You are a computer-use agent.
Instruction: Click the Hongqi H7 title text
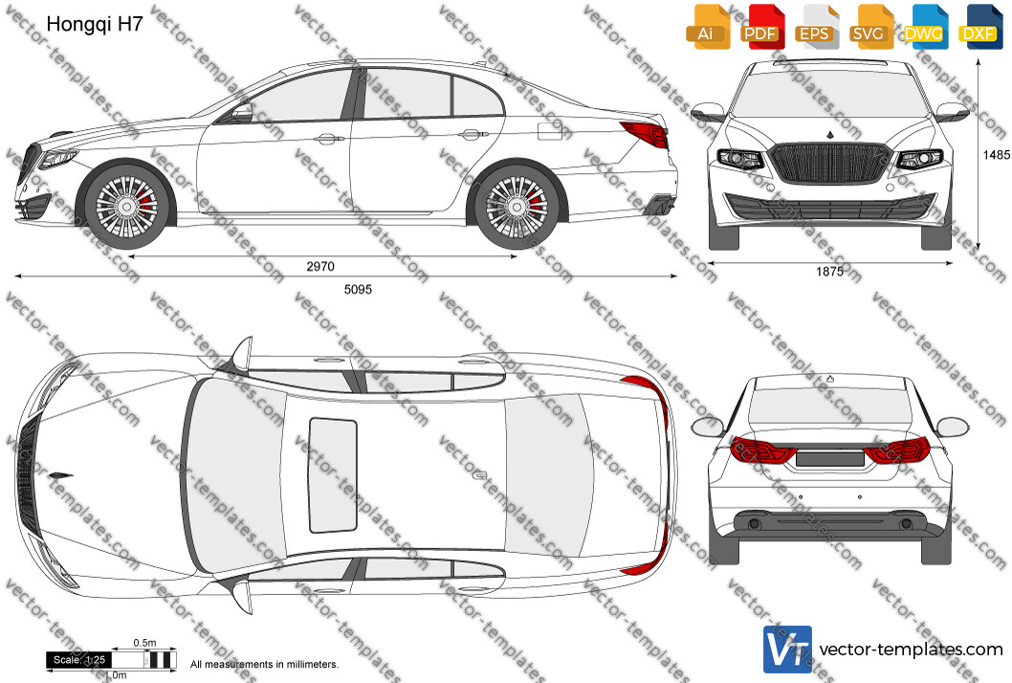pyautogui.click(x=95, y=25)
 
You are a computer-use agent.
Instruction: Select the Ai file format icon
pyautogui.click(x=708, y=27)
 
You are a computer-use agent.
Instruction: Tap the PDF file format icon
pyautogui.click(x=762, y=27)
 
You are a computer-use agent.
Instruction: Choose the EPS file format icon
pyautogui.click(x=817, y=27)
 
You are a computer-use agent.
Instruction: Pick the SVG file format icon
pyautogui.click(x=870, y=27)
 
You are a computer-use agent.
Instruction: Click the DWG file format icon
pyautogui.click(x=926, y=27)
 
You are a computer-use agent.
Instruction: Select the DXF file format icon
pyautogui.click(x=980, y=27)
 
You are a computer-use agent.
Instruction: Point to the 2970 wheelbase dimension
pyautogui.click(x=320, y=266)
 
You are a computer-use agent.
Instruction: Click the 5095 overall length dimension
pyautogui.click(x=358, y=289)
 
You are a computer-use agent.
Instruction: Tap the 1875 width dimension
pyautogui.click(x=829, y=272)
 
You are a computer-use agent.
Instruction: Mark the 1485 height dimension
pyautogui.click(x=997, y=155)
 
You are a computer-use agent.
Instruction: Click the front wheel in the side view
pyautogui.click(x=126, y=207)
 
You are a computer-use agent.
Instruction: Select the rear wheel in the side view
pyautogui.click(x=517, y=207)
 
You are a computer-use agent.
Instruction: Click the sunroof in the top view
pyautogui.click(x=333, y=475)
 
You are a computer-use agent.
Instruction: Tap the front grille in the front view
pyautogui.click(x=830, y=163)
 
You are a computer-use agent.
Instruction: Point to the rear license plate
pyautogui.click(x=830, y=459)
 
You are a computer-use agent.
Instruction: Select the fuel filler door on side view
pyautogui.click(x=550, y=131)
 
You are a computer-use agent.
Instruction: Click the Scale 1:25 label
pyautogui.click(x=78, y=660)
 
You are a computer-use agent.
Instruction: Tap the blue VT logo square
pyautogui.click(x=787, y=650)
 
